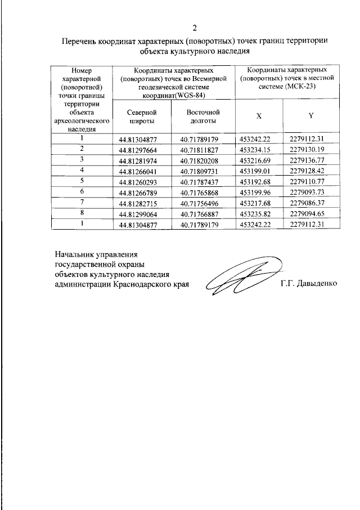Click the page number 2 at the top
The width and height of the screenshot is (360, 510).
(195, 28)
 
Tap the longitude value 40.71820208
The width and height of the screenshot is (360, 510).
(202, 160)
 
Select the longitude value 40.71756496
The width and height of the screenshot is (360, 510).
(202, 202)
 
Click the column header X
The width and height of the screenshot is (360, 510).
(259, 116)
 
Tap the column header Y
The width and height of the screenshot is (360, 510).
(310, 116)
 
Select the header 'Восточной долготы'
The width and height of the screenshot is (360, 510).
(202, 117)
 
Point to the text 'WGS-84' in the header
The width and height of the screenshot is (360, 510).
(190, 95)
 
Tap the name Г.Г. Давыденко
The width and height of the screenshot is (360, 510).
(309, 284)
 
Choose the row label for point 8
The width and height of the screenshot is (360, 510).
(82, 213)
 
